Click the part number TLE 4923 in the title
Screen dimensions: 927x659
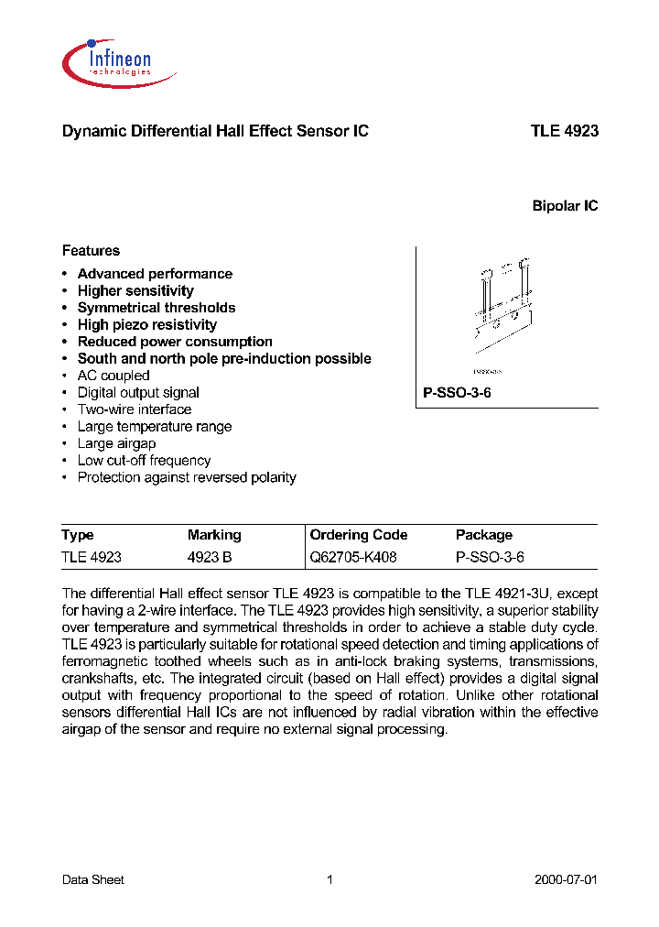(x=564, y=131)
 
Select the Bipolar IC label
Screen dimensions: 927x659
(x=565, y=206)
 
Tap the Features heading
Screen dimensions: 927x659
(x=91, y=250)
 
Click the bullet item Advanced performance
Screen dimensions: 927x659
(x=155, y=274)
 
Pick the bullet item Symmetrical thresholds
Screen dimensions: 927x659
(x=157, y=308)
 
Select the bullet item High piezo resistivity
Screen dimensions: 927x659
(x=147, y=324)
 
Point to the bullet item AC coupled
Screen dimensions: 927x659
(x=113, y=376)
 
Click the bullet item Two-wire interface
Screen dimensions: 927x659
(x=135, y=409)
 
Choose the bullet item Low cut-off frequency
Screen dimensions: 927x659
(x=144, y=461)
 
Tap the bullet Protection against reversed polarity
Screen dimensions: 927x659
(x=187, y=477)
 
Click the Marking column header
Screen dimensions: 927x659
(x=214, y=535)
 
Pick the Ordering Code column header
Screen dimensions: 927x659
(x=359, y=535)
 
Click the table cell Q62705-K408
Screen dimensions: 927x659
(x=353, y=557)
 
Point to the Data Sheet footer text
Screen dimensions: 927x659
(x=92, y=879)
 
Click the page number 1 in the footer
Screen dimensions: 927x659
(x=329, y=879)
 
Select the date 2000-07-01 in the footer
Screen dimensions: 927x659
(x=566, y=879)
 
